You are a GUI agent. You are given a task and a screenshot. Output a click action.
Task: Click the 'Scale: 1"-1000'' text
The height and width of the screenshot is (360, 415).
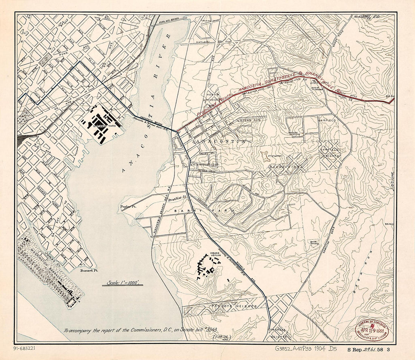(x=122, y=283)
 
